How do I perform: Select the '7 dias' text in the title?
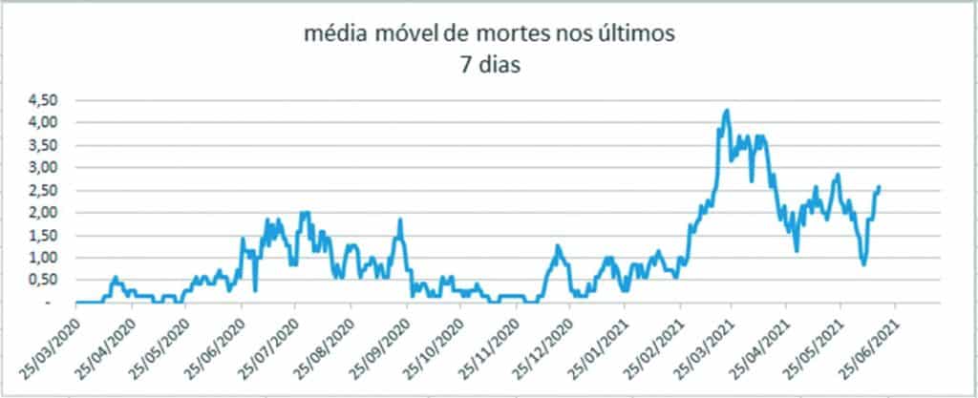point(488,68)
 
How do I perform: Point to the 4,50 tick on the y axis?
point(41,100)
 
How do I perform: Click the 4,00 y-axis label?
point(41,122)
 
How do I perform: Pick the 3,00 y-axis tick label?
point(41,168)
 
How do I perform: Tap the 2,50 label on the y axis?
point(41,190)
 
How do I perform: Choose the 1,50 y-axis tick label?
point(41,236)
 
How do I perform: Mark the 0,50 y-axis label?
point(41,281)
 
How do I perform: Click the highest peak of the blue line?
point(728,111)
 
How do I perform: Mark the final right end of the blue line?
point(879,187)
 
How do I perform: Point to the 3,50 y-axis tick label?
point(41,145)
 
